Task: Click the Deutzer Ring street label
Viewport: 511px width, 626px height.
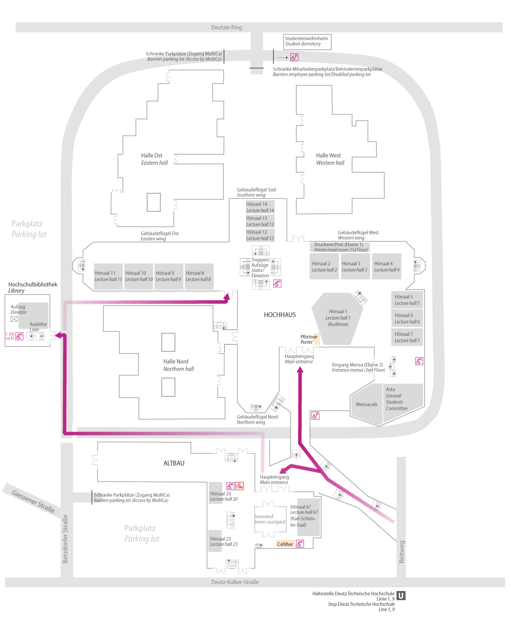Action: click(226, 27)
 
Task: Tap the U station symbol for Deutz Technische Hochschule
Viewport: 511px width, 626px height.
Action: click(401, 595)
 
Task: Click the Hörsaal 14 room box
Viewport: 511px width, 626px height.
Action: click(260, 207)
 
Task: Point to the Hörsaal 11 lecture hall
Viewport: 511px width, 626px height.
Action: click(108, 276)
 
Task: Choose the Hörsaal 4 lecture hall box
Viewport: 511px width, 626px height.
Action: click(386, 266)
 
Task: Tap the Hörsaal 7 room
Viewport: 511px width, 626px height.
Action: click(407, 337)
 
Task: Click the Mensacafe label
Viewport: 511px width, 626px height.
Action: click(366, 404)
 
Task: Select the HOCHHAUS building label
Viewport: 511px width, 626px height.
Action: click(280, 314)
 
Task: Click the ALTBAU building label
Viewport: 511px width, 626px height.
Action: click(174, 463)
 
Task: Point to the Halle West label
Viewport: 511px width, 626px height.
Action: click(328, 155)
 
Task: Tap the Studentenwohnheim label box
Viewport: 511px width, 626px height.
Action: click(307, 42)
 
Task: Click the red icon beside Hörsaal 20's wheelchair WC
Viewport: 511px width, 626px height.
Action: click(239, 486)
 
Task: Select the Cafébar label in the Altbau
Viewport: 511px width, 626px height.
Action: click(285, 544)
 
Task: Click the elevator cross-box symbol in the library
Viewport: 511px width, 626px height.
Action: click(14, 319)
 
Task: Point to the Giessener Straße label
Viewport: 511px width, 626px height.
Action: click(33, 501)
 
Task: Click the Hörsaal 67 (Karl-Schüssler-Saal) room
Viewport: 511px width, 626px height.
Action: click(308, 517)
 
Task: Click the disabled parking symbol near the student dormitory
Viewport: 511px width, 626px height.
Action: click(294, 57)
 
